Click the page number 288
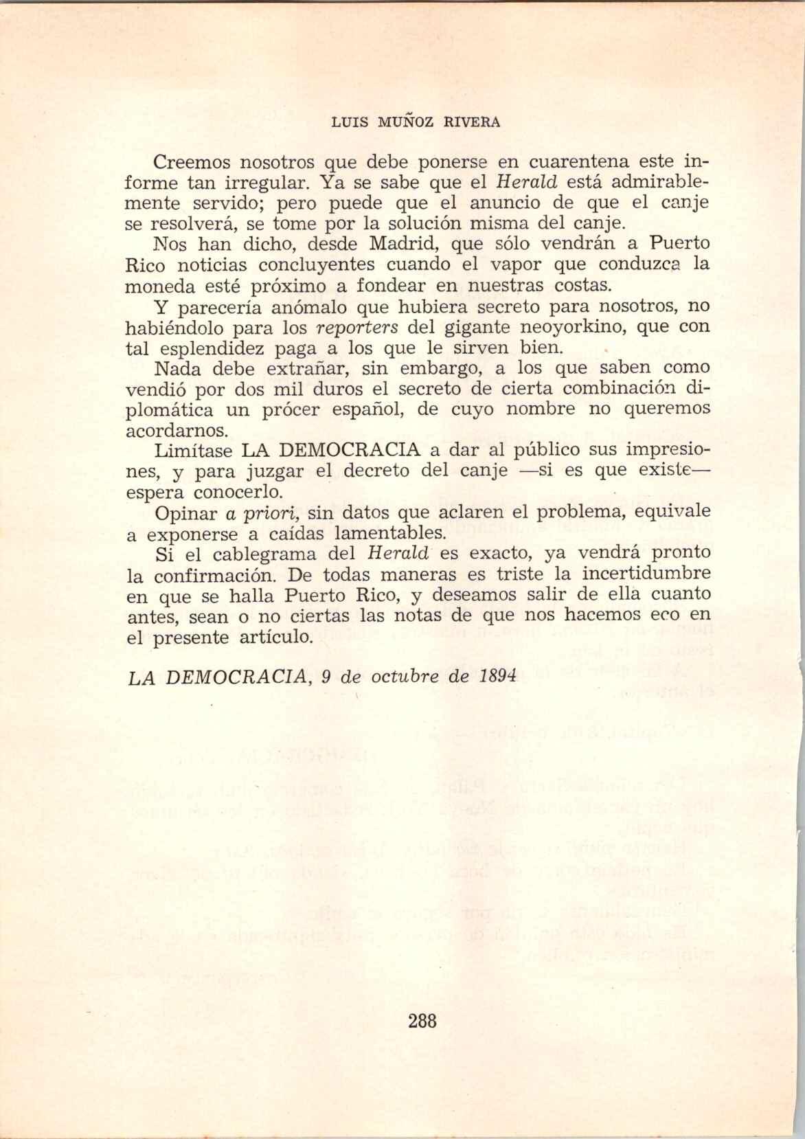[x=422, y=1021]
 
